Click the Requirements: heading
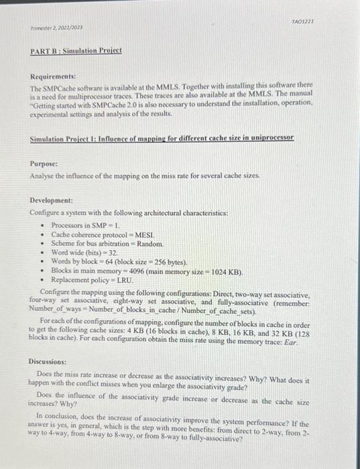point(53,77)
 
